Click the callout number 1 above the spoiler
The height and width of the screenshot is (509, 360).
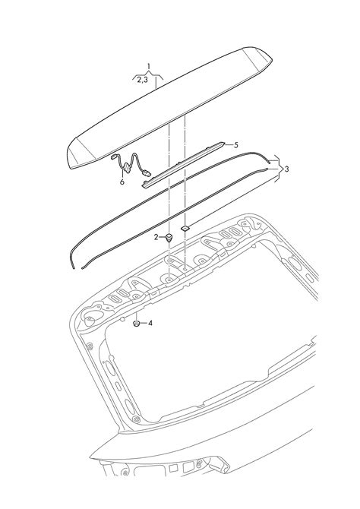pos(149,67)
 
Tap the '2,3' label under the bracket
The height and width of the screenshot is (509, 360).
pos(142,80)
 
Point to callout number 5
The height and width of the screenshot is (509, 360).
pos(236,145)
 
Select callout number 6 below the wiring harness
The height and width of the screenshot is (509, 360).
pos(122,182)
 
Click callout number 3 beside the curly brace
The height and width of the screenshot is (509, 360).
pos(286,169)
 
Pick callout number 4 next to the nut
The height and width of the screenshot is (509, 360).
pos(150,324)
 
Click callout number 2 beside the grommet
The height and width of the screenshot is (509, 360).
pos(156,237)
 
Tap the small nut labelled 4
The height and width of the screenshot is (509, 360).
pos(137,324)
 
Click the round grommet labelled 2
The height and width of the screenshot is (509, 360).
pos(169,238)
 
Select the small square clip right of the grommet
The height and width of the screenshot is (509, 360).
pos(185,229)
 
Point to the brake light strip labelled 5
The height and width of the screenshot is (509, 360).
pos(183,164)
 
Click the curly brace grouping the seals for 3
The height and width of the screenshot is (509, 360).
pos(276,169)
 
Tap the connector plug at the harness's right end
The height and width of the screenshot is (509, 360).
pos(147,173)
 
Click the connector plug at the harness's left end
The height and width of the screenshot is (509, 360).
pos(114,156)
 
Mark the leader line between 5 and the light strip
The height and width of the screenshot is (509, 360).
pos(229,144)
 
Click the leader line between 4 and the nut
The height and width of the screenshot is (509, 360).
pos(143,324)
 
